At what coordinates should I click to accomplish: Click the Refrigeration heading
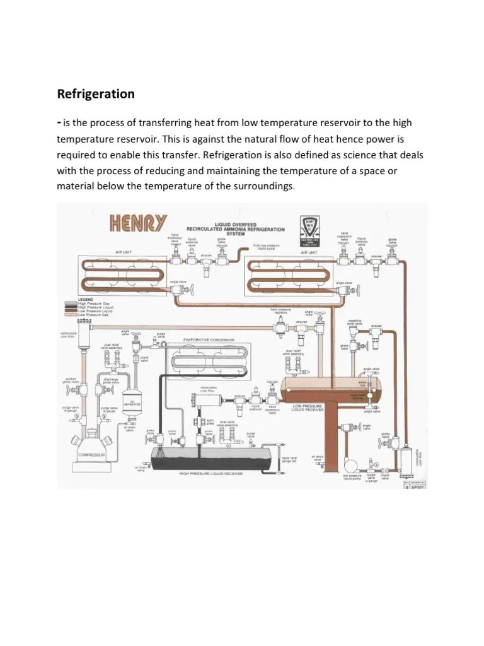point(96,94)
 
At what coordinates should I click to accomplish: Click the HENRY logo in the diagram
point(139,223)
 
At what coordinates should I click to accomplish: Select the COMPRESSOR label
point(91,454)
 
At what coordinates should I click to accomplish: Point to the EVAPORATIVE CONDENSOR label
point(209,339)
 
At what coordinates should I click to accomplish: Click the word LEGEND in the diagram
point(84,299)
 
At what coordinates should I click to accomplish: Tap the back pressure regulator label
point(280,312)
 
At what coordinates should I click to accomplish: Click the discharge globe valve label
point(110,380)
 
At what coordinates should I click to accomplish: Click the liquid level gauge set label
point(289,458)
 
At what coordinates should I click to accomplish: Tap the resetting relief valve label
point(355,322)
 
